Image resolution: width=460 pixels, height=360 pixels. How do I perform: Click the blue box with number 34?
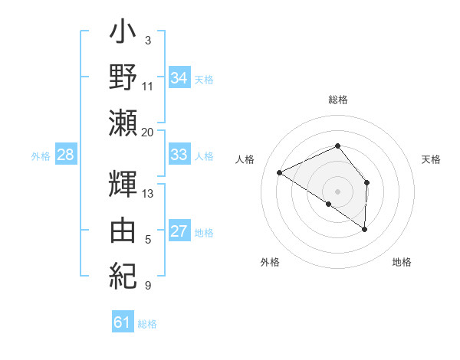pyautogui.click(x=179, y=77)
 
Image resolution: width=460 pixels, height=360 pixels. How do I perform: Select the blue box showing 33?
pyautogui.click(x=179, y=155)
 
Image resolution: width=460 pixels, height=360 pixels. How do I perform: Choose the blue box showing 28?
pyautogui.click(x=66, y=155)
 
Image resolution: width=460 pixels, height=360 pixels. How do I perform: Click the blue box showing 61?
pyautogui.click(x=123, y=322)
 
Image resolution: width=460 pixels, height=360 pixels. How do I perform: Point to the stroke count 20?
pyautogui.click(x=147, y=133)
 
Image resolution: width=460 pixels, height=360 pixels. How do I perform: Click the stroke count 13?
pyautogui.click(x=147, y=193)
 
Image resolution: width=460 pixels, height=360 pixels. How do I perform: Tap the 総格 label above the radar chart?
pyautogui.click(x=338, y=100)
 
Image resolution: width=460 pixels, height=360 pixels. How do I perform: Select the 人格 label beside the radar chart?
pyautogui.click(x=245, y=159)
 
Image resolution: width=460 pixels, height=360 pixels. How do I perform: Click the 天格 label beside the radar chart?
pyautogui.click(x=432, y=159)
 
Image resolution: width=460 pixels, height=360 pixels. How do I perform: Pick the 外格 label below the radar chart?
pyautogui.click(x=270, y=263)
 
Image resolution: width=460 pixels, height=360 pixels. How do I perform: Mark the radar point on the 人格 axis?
pyautogui.click(x=280, y=172)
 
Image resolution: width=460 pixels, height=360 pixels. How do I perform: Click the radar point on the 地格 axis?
pyautogui.click(x=365, y=229)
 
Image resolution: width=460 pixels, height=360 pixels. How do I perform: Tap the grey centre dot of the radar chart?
pyautogui.click(x=337, y=191)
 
